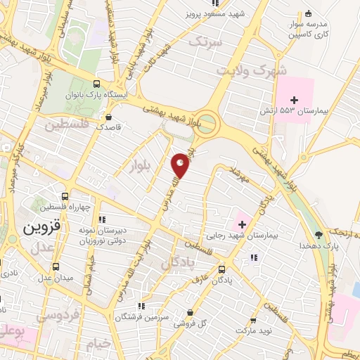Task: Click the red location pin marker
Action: (x=181, y=166)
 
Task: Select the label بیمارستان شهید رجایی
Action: (x=243, y=237)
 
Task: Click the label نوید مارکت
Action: (x=253, y=329)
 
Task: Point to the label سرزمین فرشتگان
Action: (x=166, y=318)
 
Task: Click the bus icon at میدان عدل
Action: (x=56, y=267)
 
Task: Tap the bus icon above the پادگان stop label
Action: (x=222, y=269)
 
